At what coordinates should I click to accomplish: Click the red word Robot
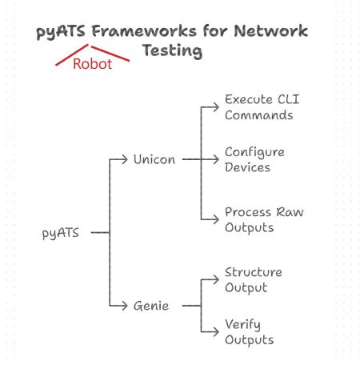92,64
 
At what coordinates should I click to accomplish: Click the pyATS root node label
61,233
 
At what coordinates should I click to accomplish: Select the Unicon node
154,159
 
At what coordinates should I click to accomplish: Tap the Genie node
151,306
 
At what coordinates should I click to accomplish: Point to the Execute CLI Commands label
262,107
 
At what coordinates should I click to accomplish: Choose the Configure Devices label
254,160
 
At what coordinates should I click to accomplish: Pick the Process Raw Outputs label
264,220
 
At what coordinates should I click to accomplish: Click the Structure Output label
254,280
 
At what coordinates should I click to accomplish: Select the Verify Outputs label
250,332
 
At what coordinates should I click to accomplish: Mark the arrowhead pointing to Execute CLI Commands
216,107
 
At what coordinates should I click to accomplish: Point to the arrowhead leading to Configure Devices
216,159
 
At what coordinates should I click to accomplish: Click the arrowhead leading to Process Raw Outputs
216,219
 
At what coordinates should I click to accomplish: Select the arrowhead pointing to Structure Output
216,279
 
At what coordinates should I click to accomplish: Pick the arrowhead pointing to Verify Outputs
216,331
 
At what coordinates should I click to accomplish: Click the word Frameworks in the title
144,31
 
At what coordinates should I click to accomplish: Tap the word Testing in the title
172,50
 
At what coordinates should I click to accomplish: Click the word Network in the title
271,31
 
